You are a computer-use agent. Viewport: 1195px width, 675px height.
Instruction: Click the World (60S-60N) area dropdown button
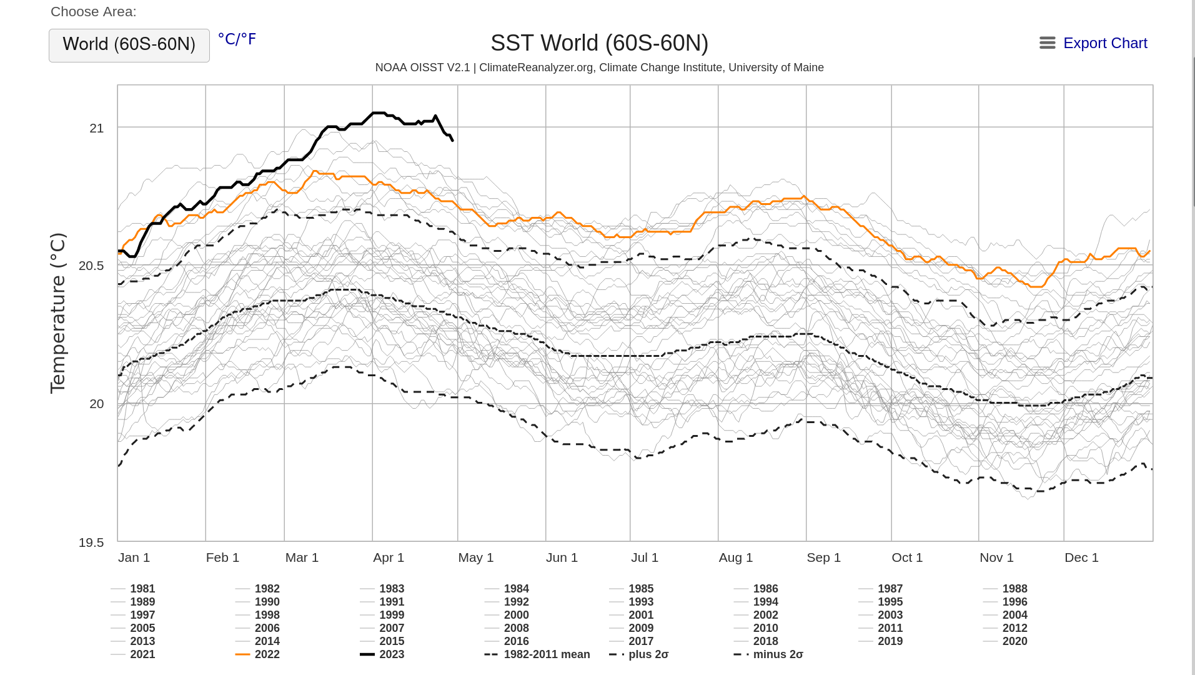click(x=129, y=45)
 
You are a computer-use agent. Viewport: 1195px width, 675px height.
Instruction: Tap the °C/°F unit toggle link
click(x=237, y=39)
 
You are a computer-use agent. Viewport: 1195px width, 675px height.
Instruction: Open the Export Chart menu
click(x=1093, y=43)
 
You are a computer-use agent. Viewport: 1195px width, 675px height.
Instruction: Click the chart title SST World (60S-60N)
click(x=599, y=43)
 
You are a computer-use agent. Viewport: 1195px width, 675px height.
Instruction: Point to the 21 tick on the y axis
click(x=97, y=128)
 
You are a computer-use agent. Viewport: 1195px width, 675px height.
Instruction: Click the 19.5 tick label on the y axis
click(x=91, y=542)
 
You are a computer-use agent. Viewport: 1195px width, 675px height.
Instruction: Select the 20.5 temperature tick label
click(x=91, y=266)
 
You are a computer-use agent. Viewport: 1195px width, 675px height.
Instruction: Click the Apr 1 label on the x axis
click(x=389, y=557)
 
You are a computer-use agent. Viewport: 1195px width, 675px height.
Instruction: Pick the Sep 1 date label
click(x=823, y=557)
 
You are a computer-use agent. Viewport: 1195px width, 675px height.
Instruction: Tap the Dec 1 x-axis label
click(x=1081, y=557)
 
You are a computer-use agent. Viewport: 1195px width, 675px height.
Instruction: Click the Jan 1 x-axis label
click(x=134, y=557)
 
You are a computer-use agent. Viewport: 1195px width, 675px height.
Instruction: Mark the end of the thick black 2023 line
click(x=452, y=140)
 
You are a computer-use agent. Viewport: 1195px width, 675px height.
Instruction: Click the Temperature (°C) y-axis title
click(x=57, y=313)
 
